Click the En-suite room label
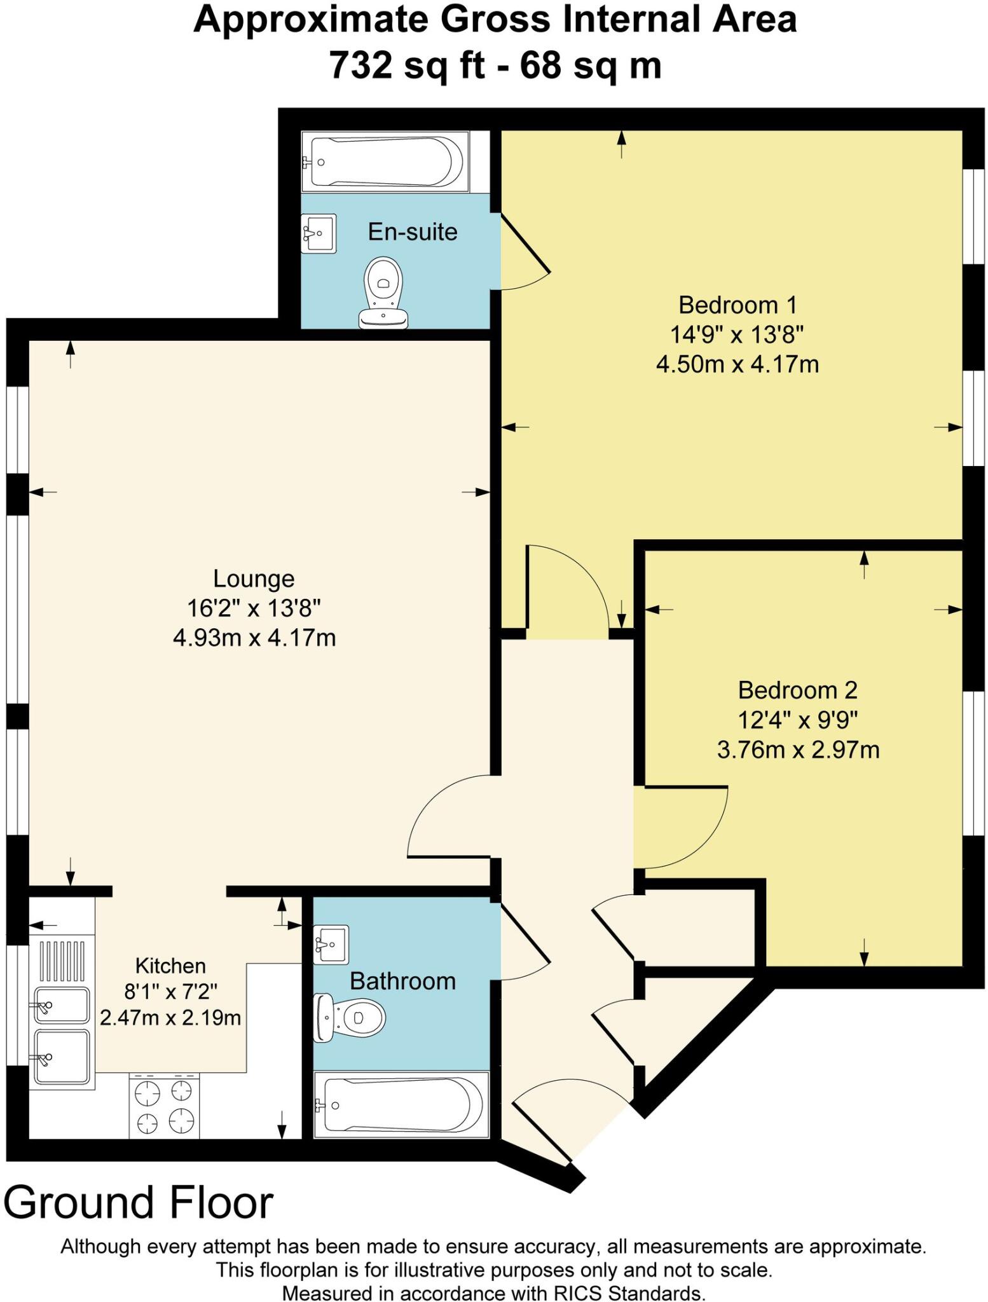[413, 231]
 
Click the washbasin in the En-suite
[319, 233]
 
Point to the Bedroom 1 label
[737, 305]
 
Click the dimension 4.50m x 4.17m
[737, 365]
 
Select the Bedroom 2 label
[797, 690]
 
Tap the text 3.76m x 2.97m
[798, 750]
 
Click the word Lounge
[254, 579]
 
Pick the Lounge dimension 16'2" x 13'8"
[254, 608]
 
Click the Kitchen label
[170, 966]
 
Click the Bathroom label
[402, 982]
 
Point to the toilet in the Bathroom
[350, 1018]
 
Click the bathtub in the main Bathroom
[401, 1106]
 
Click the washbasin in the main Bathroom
[331, 944]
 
